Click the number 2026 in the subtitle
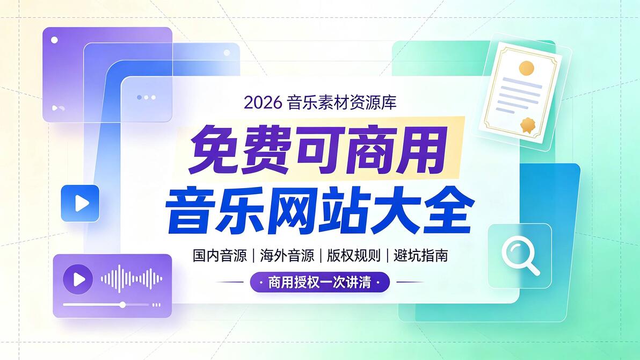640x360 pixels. [x=263, y=103]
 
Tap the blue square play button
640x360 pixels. [x=80, y=203]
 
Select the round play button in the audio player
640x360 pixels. [x=78, y=279]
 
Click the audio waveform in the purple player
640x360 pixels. [x=132, y=279]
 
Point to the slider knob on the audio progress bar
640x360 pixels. [x=122, y=305]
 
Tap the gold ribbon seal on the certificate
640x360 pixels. [x=527, y=125]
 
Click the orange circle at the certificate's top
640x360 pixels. [x=526, y=68]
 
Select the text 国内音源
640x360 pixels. [x=220, y=256]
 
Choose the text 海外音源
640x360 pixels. [x=287, y=256]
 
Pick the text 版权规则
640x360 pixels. [x=353, y=256]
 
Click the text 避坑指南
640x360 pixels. [x=421, y=256]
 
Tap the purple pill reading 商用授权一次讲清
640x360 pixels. [x=320, y=282]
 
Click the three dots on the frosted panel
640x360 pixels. [x=146, y=97]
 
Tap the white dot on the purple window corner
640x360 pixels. [x=54, y=40]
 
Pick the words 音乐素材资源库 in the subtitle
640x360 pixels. [x=341, y=103]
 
